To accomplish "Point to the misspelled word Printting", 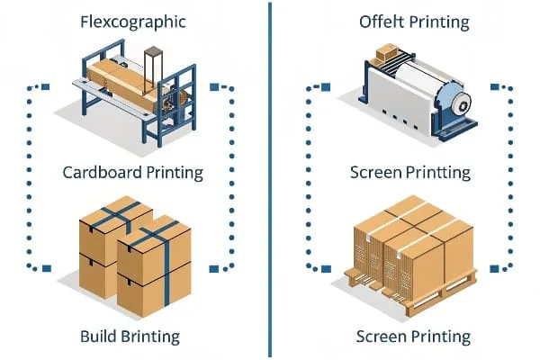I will [x=436, y=171].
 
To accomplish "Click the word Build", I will [x=101, y=337].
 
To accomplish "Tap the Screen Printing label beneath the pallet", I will [x=413, y=337].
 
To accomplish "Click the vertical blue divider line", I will [x=270, y=180].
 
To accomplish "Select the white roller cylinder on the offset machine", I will [x=409, y=85].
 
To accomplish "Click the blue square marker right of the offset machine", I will [x=495, y=87].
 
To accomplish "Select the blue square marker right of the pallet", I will [x=495, y=267].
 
